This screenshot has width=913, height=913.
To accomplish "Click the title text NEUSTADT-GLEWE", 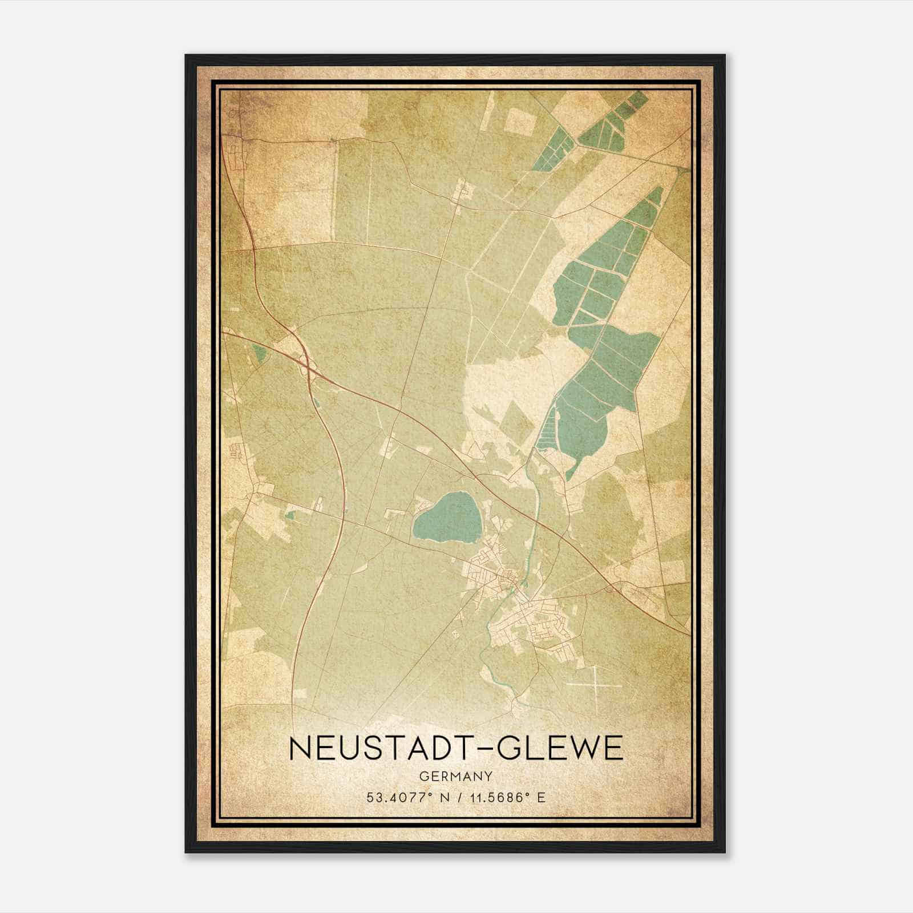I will pyautogui.click(x=456, y=748).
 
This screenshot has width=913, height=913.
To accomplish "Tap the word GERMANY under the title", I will pyautogui.click(x=456, y=776).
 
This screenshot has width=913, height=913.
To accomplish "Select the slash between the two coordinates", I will pyautogui.click(x=457, y=797).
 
